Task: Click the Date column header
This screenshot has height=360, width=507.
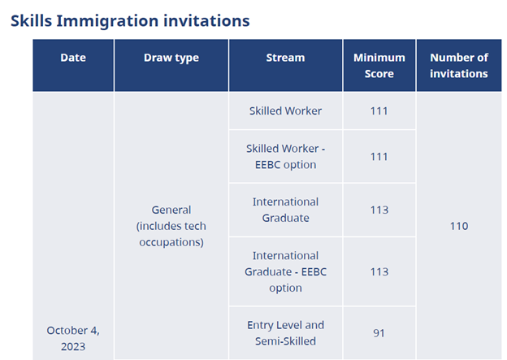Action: pyautogui.click(x=73, y=58)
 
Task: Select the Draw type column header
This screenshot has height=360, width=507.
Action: pyautogui.click(x=171, y=58)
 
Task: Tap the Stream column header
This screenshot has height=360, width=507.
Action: pyautogui.click(x=285, y=58)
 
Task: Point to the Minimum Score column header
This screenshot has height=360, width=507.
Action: pyautogui.click(x=379, y=66)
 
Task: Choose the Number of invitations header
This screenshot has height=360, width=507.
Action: pyautogui.click(x=459, y=66)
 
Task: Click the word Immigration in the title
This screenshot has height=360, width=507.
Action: pyautogui.click(x=107, y=21)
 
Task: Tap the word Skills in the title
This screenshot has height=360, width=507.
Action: pyautogui.click(x=32, y=20)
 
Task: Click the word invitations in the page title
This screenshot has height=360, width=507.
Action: pyautogui.click(x=206, y=20)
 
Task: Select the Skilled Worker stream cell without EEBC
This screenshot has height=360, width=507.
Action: pyautogui.click(x=285, y=111)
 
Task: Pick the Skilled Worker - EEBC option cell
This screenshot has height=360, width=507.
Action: pyautogui.click(x=285, y=157)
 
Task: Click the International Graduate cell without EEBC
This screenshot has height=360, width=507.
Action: pyautogui.click(x=285, y=210)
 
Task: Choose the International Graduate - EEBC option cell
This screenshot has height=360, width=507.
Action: pyautogui.click(x=285, y=271)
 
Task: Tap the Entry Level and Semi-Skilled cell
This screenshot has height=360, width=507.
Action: pyautogui.click(x=285, y=333)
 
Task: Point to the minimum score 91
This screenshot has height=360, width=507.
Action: pyautogui.click(x=379, y=333)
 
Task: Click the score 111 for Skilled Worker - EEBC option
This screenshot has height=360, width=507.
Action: pyautogui.click(x=379, y=157)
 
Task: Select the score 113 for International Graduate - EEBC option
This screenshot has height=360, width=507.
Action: pyautogui.click(x=379, y=272)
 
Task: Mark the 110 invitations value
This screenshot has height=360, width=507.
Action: pyautogui.click(x=459, y=226)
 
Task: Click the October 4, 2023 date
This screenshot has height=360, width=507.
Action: pyautogui.click(x=73, y=338)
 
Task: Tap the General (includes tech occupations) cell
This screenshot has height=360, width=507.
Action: pyautogui.click(x=171, y=226)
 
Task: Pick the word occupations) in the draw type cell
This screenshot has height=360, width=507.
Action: pyautogui.click(x=171, y=242)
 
